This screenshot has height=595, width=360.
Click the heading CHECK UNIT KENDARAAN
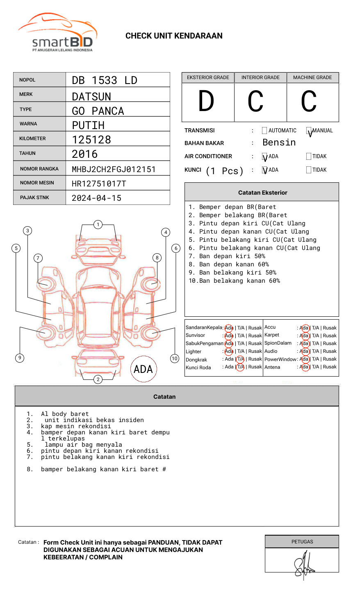(x=174, y=36)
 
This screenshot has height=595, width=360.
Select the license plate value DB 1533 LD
(x=105, y=80)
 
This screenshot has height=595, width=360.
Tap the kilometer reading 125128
(x=91, y=140)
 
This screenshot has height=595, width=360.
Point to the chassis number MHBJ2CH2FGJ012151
(x=114, y=169)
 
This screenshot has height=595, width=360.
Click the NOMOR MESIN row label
(x=37, y=183)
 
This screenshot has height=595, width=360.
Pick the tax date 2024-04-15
(x=96, y=198)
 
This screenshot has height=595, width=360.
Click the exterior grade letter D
(x=206, y=102)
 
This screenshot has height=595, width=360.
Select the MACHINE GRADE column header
(x=312, y=77)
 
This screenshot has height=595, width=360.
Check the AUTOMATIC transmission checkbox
(x=264, y=131)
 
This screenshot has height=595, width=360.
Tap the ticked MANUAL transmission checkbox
(x=309, y=131)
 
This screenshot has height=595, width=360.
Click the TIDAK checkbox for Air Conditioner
(x=309, y=157)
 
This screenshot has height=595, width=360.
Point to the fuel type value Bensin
(x=279, y=143)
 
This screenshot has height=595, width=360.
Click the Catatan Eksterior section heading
(x=262, y=193)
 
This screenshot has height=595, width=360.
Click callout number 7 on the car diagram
(x=38, y=258)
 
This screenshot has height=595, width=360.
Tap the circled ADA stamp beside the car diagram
(x=143, y=369)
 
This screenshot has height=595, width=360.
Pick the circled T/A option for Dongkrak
(x=240, y=359)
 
